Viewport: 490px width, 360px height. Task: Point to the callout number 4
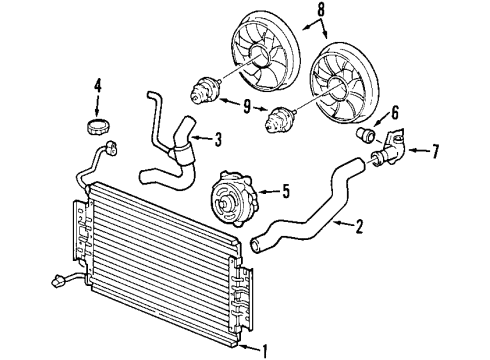point(98,87)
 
